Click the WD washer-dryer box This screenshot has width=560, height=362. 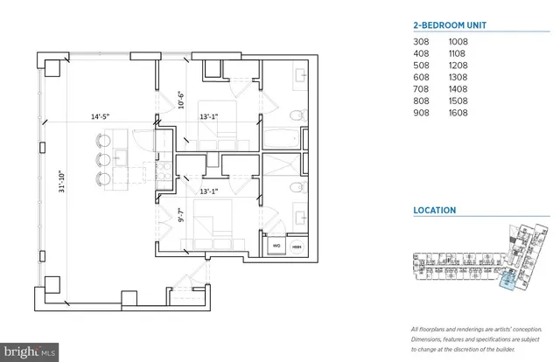point(276,247)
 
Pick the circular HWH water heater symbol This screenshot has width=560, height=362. point(297,247)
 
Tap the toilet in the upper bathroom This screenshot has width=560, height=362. point(297,115)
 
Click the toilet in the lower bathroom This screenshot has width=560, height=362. point(297,186)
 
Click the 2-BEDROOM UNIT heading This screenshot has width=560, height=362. point(449,24)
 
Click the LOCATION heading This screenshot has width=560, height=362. point(435,210)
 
